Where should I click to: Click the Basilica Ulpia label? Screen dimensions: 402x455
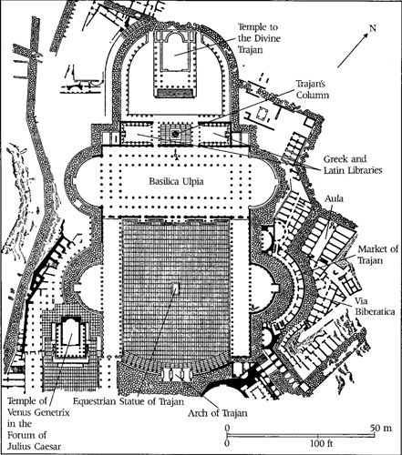click(176, 181)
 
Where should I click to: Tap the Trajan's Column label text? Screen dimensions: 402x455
click(313, 89)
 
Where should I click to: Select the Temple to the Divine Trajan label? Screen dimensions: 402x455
click(259, 38)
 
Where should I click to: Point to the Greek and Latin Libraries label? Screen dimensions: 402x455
click(353, 165)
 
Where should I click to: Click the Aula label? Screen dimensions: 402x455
click(334, 198)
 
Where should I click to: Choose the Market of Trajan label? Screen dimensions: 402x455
click(377, 255)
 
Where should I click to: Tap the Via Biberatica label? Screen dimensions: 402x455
click(376, 306)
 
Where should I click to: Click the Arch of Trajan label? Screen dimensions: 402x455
click(218, 413)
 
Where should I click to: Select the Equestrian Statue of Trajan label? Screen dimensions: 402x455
click(129, 401)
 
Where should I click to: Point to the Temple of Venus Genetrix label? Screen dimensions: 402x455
click(38, 407)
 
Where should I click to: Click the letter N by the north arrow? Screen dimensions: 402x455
click(373, 28)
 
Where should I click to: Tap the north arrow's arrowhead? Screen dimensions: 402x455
click(366, 35)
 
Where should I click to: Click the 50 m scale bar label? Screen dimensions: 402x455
click(381, 428)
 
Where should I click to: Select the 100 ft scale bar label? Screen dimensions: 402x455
click(322, 444)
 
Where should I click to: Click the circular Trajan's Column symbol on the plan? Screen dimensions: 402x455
click(175, 134)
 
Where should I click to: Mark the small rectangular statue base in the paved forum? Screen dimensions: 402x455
click(175, 289)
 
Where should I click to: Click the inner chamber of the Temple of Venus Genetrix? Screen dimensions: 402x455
click(71, 333)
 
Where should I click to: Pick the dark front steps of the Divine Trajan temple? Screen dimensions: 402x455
click(175, 93)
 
